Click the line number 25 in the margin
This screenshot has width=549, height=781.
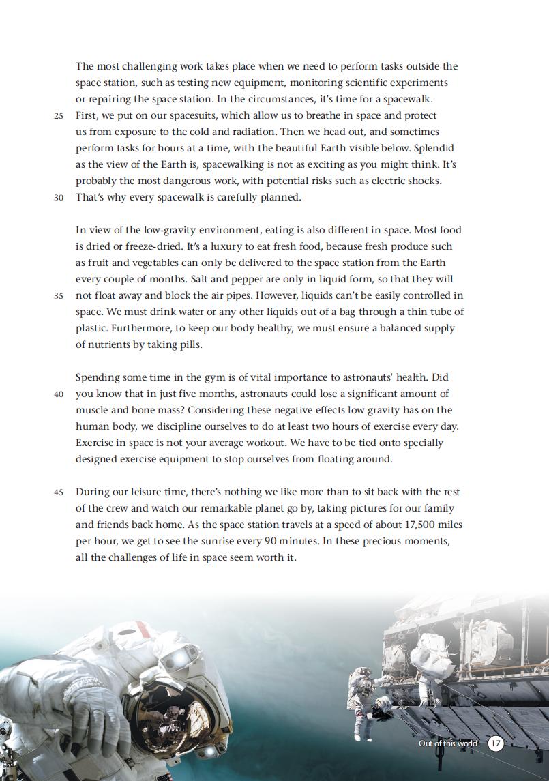pyautogui.click(x=59, y=116)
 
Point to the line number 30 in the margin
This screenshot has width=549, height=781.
pyautogui.click(x=59, y=198)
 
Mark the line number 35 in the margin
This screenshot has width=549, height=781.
pyautogui.click(x=59, y=296)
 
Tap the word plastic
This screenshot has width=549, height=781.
pyautogui.click(x=92, y=328)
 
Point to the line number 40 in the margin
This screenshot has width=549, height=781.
pyautogui.click(x=59, y=394)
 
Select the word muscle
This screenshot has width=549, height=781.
pyautogui.click(x=92, y=410)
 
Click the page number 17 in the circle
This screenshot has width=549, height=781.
pyautogui.click(x=496, y=743)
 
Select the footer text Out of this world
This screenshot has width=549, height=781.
pyautogui.click(x=448, y=743)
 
